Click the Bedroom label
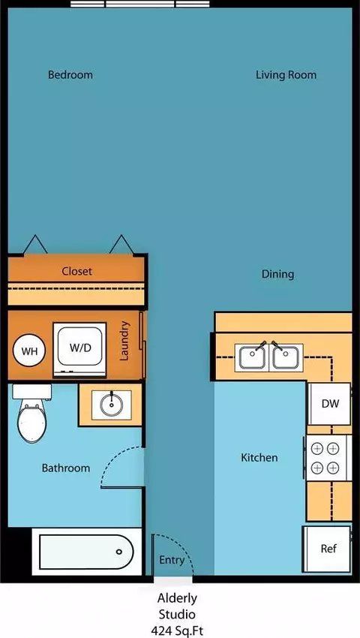click(70, 75)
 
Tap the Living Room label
click(286, 75)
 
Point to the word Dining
click(277, 275)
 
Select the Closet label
click(77, 272)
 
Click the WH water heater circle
click(29, 351)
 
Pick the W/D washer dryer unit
click(79, 350)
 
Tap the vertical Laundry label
click(124, 341)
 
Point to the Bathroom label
click(66, 468)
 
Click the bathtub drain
click(119, 552)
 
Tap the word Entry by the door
click(172, 561)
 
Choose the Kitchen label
click(259, 458)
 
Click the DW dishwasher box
click(330, 404)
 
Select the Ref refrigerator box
click(327, 549)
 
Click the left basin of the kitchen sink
click(252, 357)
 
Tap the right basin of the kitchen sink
click(286, 357)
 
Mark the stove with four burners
click(327, 458)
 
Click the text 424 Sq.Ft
click(177, 631)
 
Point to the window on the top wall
click(140, 4)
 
